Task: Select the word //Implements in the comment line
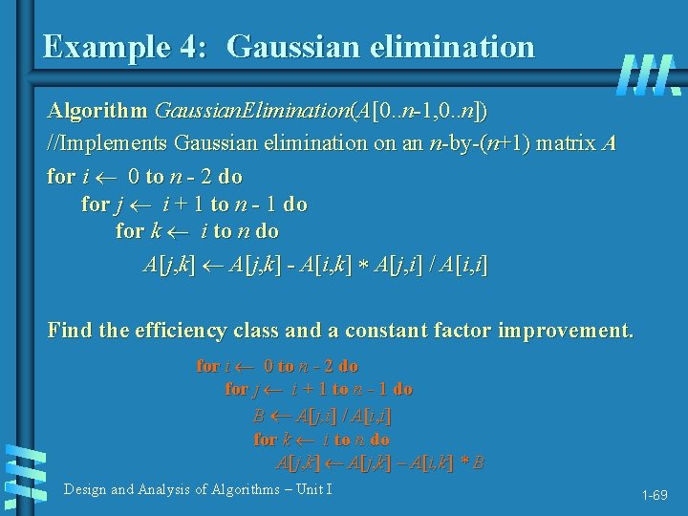[108, 145]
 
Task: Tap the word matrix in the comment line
[564, 145]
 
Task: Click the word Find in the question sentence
[70, 333]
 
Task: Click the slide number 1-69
[655, 496]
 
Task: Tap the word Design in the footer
[85, 490]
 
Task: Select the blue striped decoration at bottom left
[24, 474]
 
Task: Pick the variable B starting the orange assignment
[259, 416]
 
